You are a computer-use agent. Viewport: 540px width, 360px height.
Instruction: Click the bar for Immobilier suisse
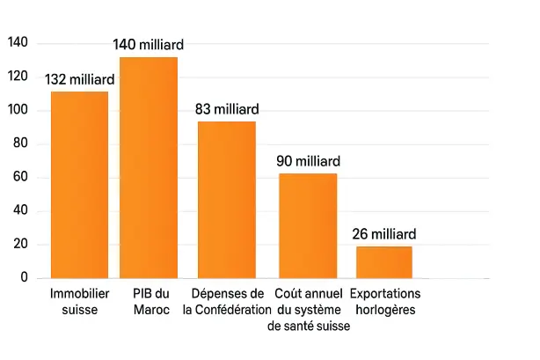[79, 185]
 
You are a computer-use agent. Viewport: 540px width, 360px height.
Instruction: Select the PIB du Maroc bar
[149, 167]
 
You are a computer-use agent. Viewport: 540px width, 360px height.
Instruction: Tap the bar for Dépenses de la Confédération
[226, 200]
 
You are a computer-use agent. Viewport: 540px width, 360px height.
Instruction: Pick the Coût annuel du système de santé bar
[308, 225]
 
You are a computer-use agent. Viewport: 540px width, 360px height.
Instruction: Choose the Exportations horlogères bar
[384, 262]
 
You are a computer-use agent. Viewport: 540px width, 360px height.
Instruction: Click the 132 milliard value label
[79, 80]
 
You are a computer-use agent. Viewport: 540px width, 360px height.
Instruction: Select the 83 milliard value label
[226, 109]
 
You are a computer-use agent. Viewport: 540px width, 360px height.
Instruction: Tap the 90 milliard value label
[308, 162]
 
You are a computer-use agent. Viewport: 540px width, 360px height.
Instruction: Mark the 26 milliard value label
[384, 235]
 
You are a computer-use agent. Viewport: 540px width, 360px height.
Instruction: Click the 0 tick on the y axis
[24, 278]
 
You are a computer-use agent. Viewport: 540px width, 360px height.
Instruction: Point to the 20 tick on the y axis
[20, 245]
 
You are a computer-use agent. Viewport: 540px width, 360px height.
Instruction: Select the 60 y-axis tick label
[20, 178]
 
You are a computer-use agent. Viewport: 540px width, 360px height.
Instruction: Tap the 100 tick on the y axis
[18, 111]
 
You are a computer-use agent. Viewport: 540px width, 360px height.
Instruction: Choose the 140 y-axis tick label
[18, 43]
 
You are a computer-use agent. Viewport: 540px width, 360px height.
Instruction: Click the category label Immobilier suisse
[79, 301]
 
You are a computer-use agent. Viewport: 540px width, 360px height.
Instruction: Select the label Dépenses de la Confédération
[226, 301]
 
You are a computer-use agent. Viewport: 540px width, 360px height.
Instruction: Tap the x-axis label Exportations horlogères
[384, 301]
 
